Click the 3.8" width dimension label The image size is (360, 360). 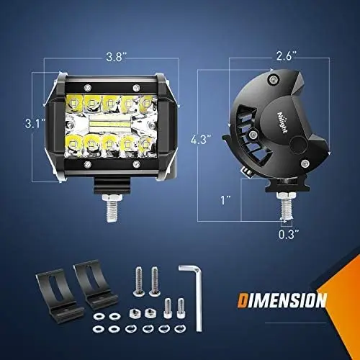coord(116,57)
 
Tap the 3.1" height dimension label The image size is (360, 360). coord(35,124)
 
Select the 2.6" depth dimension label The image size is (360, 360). coord(287,56)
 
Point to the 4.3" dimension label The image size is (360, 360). coord(201,140)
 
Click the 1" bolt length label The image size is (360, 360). coord(225,200)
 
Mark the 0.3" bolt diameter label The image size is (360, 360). coord(289,234)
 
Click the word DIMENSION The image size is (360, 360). coord(282,300)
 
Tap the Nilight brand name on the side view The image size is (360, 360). coord(283,122)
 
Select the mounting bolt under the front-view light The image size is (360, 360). coord(112,208)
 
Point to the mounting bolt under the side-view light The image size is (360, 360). coord(287,206)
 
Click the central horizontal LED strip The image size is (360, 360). coord(110,124)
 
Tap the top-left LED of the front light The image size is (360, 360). coord(73,103)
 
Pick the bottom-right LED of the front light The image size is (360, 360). coord(145,145)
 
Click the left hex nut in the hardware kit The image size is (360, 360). coord(135,313)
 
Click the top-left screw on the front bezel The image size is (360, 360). coord(88,87)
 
